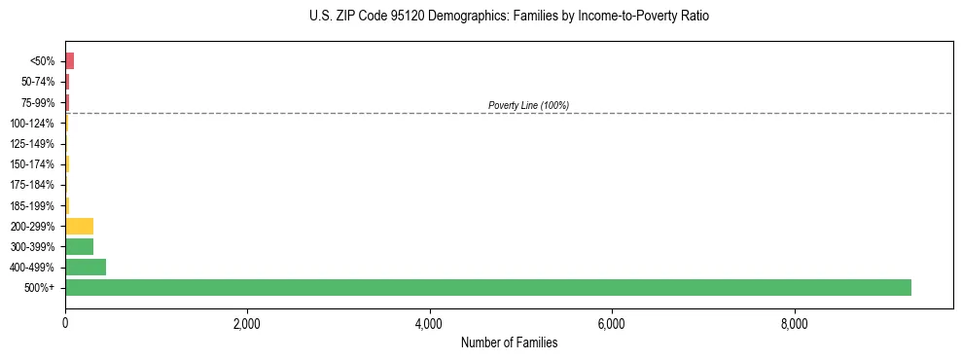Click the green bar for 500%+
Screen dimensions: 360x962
click(487, 287)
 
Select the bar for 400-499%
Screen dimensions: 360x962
click(86, 267)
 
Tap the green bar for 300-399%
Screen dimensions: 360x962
click(79, 246)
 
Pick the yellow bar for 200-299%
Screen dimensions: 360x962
click(79, 226)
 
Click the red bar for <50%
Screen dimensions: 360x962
click(69, 61)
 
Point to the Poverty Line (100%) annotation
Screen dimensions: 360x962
click(528, 105)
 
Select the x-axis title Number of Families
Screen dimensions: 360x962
click(509, 342)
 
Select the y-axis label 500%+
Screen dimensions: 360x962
click(41, 288)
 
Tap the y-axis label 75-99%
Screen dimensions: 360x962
click(39, 103)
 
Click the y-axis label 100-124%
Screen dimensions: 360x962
click(33, 124)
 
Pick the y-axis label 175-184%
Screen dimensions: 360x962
click(33, 185)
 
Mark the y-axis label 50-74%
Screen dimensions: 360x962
click(39, 82)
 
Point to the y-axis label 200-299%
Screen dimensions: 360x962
click(33, 226)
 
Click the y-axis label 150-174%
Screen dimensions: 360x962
click(33, 164)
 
